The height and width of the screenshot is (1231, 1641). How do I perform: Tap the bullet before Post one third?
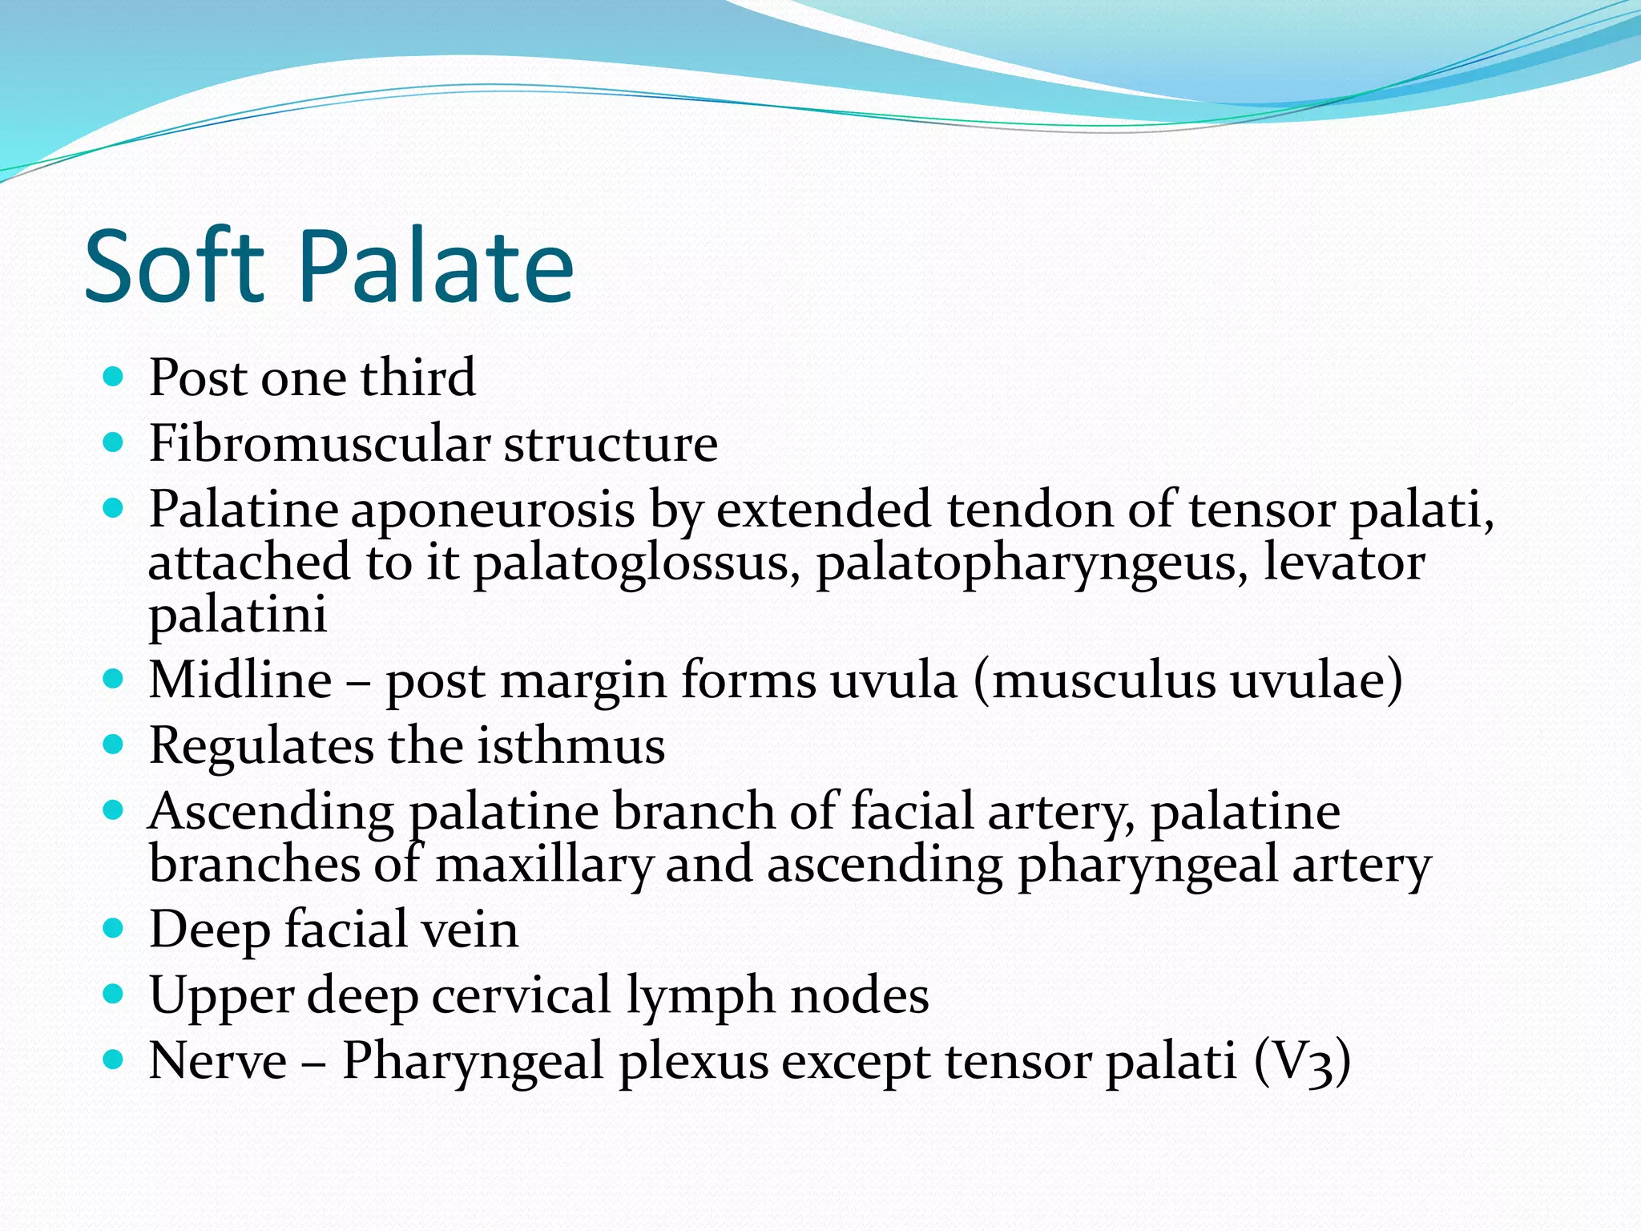pyautogui.click(x=114, y=377)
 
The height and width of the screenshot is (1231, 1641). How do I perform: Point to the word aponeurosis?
pyautogui.click(x=492, y=511)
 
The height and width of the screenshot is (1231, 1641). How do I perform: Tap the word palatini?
pyautogui.click(x=238, y=615)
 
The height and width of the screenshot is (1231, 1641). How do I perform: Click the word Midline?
pyautogui.click(x=240, y=680)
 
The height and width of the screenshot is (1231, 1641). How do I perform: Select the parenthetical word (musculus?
pyautogui.click(x=1095, y=680)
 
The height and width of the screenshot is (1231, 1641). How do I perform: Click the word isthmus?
pyautogui.click(x=571, y=746)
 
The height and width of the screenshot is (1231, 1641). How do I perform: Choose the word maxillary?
pyautogui.click(x=544, y=866)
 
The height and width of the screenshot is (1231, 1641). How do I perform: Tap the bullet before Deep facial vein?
pyautogui.click(x=114, y=930)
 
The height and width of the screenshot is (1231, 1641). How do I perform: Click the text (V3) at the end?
pyautogui.click(x=1302, y=1062)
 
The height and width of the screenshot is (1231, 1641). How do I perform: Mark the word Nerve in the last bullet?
pyautogui.click(x=218, y=1062)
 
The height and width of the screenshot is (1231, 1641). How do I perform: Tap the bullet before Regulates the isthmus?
pyautogui.click(x=114, y=745)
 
